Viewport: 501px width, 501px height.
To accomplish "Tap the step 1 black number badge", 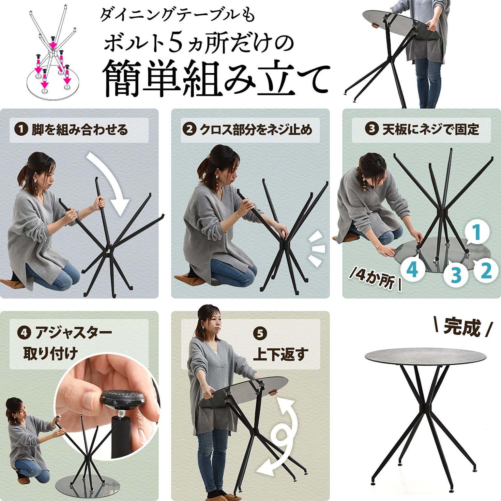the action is [x=21, y=129].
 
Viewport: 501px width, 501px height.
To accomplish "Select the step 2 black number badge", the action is [x=189, y=129].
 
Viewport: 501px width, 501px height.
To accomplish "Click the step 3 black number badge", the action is [x=372, y=129].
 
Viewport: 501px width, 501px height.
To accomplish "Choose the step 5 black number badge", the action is [x=260, y=333].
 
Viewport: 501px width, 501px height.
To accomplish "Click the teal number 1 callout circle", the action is [x=477, y=232].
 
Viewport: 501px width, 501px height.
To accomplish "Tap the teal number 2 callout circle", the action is [x=486, y=271].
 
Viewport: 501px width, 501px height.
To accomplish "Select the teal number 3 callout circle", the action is [x=456, y=275].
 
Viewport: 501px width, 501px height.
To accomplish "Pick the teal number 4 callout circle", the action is [x=413, y=269].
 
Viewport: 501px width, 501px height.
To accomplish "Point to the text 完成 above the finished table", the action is [x=462, y=327].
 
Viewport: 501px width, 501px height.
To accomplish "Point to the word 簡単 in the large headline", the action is [x=141, y=79].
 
